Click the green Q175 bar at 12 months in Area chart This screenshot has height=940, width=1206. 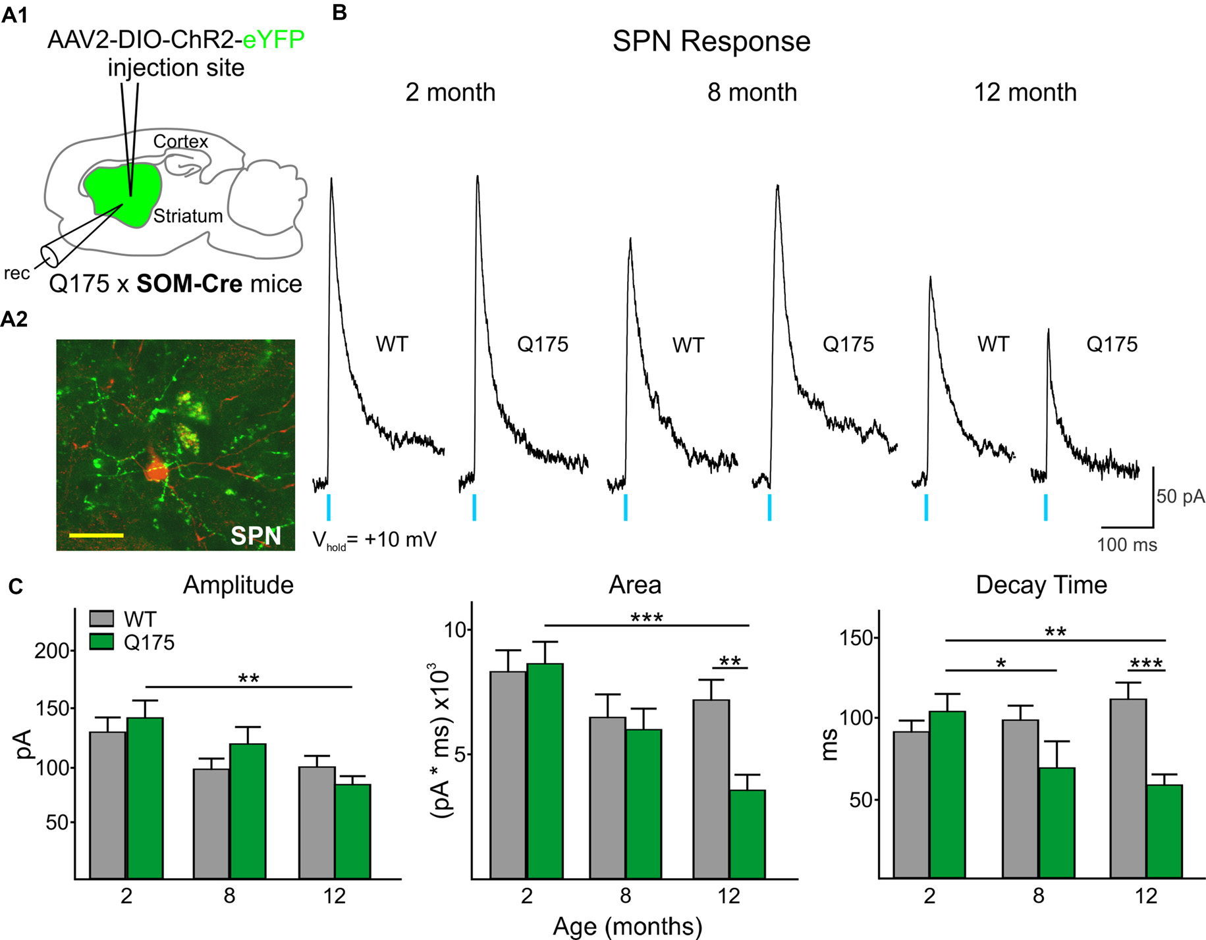(747, 834)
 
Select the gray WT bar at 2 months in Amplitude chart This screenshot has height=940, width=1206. (107, 804)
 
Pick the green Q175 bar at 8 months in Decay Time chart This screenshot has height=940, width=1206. (1056, 822)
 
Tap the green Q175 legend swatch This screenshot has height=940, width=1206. (101, 642)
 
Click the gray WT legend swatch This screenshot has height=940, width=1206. (101, 619)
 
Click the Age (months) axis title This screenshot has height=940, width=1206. (627, 926)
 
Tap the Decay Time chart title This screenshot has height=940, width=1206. (1041, 585)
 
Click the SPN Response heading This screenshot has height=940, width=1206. (711, 41)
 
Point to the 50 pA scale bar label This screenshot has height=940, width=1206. (1180, 496)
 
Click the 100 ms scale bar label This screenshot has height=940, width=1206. (1126, 545)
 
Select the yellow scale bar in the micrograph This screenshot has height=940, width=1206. (96, 535)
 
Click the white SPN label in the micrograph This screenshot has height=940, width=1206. (256, 536)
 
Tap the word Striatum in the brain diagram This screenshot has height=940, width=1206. (188, 216)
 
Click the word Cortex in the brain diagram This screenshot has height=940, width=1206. (180, 142)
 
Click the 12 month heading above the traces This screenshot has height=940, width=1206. (1025, 93)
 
